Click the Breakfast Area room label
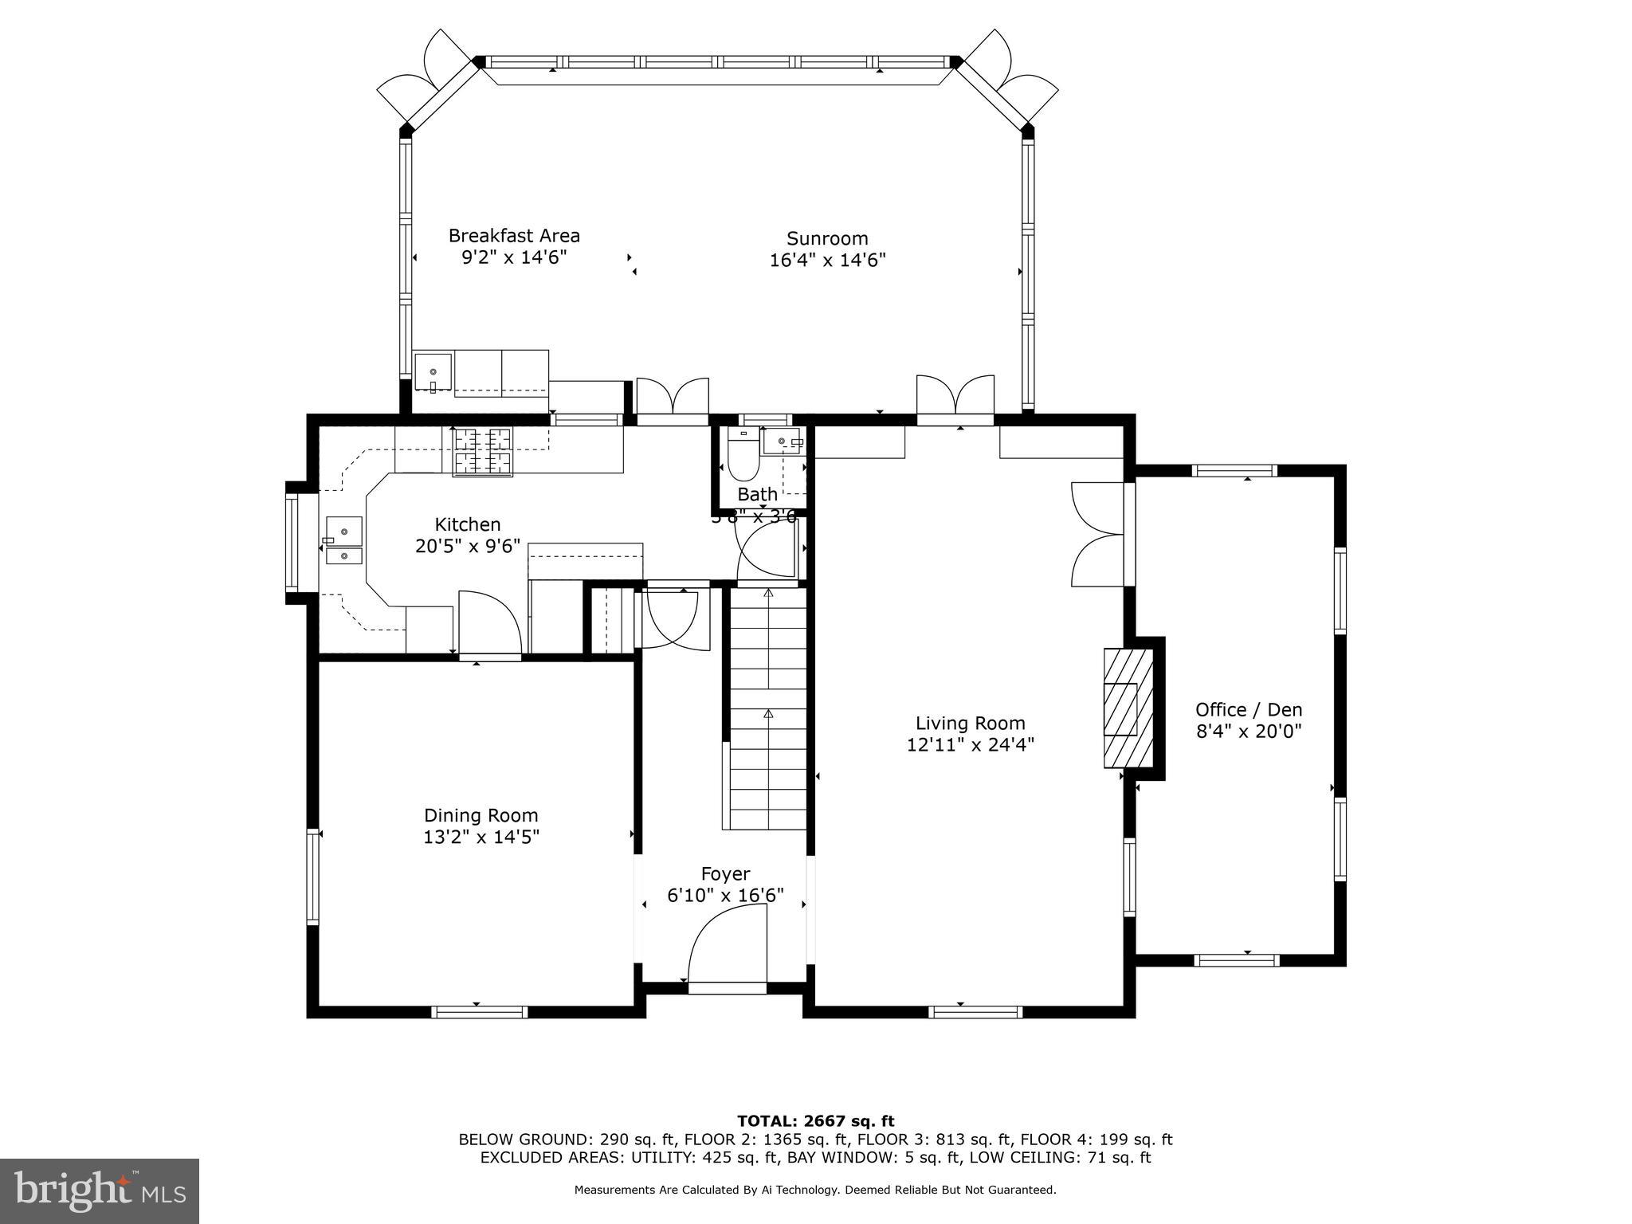pos(514,236)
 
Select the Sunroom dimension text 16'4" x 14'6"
pos(827,260)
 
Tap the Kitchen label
pos(468,524)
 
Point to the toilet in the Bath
pos(743,457)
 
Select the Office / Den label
pos(1249,709)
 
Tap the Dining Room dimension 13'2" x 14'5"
pos(481,837)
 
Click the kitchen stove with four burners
pos(482,453)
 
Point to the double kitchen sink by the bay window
pos(343,542)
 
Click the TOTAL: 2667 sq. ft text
pos(815,1121)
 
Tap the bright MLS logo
pos(100,1191)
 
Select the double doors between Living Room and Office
pos(1098,534)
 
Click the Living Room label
pos(970,723)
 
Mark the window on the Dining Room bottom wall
pos(479,1012)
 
